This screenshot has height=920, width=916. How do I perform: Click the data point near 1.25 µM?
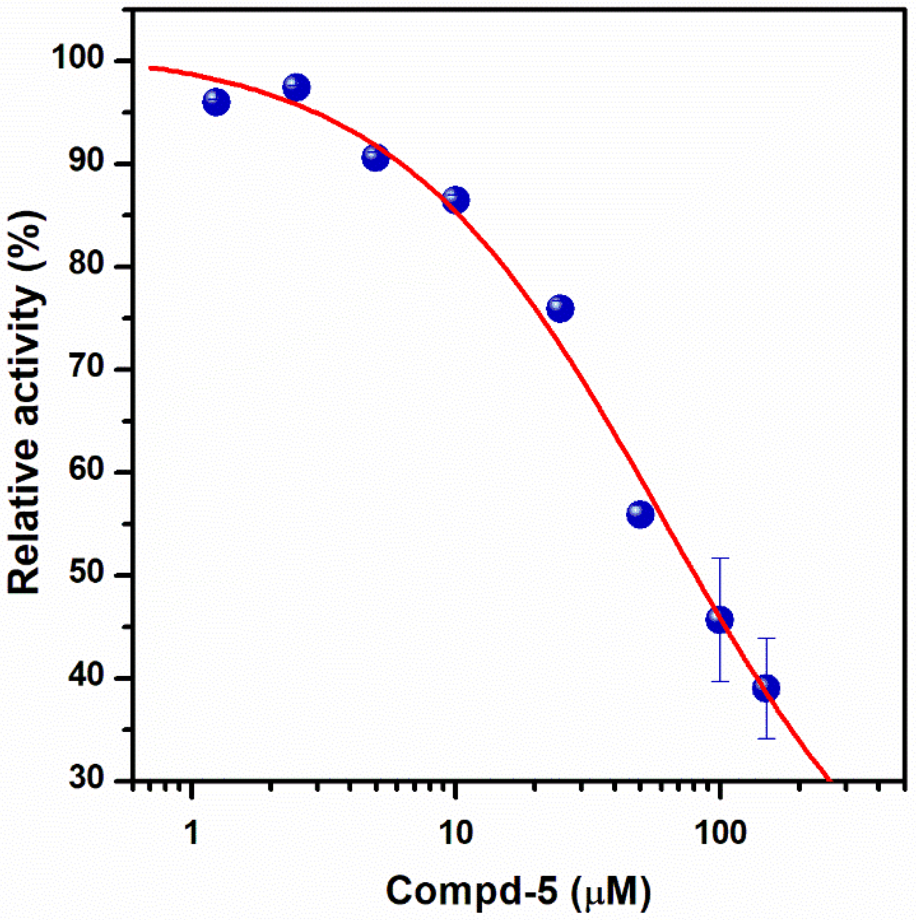click(x=216, y=102)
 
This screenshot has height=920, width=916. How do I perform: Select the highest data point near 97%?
click(x=296, y=87)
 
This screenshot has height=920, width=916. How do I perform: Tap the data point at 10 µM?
click(x=456, y=200)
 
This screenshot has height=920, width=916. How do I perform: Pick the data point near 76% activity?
click(x=560, y=309)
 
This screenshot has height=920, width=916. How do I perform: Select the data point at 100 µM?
click(x=719, y=620)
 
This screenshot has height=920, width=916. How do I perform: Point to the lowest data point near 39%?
click(x=766, y=688)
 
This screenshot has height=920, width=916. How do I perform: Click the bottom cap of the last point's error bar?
click(x=766, y=739)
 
